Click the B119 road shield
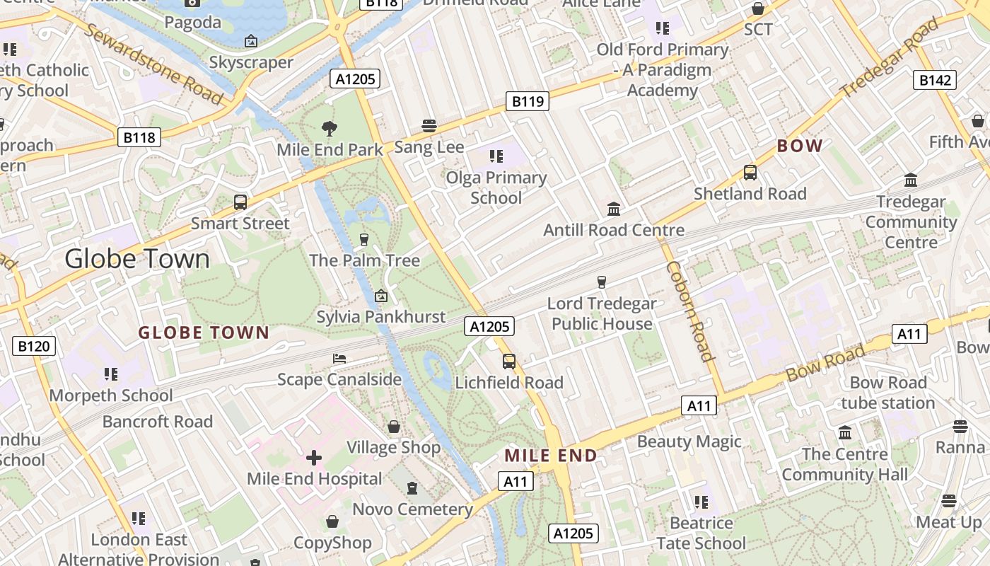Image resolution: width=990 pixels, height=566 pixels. pyautogui.click(x=528, y=101)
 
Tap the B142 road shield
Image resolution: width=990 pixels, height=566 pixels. pyautogui.click(x=935, y=80)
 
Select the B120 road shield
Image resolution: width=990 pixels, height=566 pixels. pyautogui.click(x=34, y=346)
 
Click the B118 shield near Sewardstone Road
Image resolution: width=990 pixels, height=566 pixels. pyautogui.click(x=139, y=137)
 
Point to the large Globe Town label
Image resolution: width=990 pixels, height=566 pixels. pyautogui.click(x=137, y=259)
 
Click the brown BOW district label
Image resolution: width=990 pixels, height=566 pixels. pyautogui.click(x=800, y=146)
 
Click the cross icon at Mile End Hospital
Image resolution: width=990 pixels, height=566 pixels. pyautogui.click(x=314, y=458)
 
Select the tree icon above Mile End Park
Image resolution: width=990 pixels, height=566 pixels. pyautogui.click(x=329, y=128)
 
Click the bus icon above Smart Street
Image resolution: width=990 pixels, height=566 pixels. pyautogui.click(x=240, y=202)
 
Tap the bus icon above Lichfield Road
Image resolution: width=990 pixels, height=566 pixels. pyautogui.click(x=508, y=362)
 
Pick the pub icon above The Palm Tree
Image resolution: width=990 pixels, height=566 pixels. pyautogui.click(x=364, y=239)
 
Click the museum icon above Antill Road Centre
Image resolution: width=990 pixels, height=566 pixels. pyautogui.click(x=614, y=209)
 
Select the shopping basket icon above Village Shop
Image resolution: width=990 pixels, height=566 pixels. pyautogui.click(x=394, y=427)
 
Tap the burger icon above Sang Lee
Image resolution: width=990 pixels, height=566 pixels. pyautogui.click(x=429, y=126)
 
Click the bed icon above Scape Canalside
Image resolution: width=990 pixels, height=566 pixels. pyautogui.click(x=339, y=359)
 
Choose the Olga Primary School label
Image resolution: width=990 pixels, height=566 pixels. pyautogui.click(x=496, y=187)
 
